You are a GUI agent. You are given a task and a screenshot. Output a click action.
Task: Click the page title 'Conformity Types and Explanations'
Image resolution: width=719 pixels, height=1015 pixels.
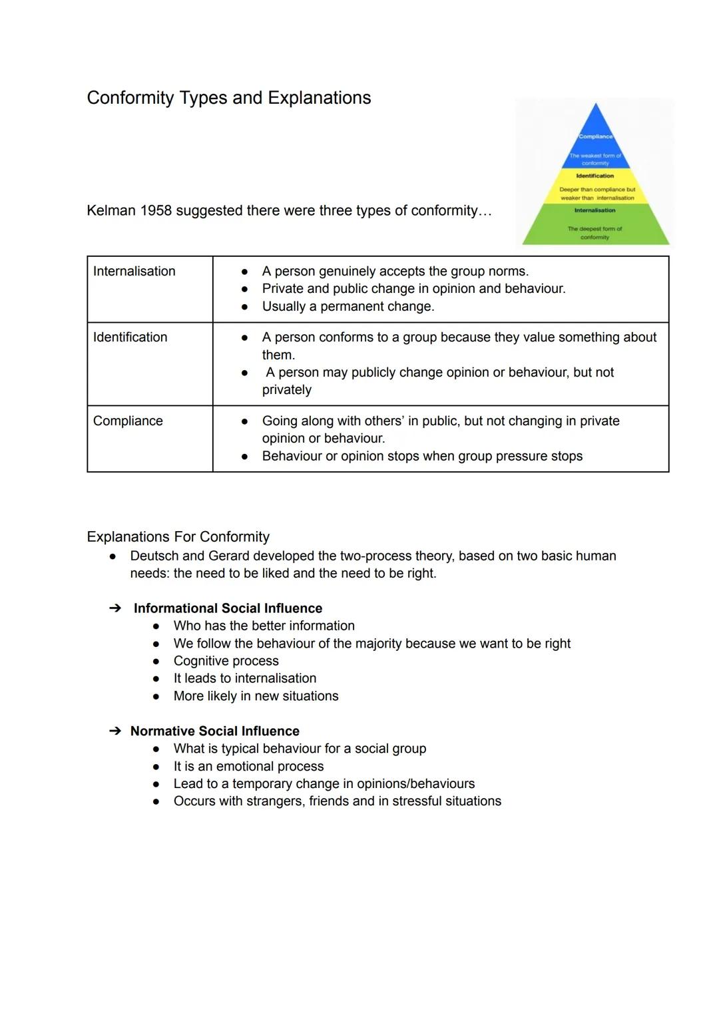228,98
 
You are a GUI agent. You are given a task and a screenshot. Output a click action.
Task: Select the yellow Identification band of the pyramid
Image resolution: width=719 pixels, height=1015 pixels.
595,185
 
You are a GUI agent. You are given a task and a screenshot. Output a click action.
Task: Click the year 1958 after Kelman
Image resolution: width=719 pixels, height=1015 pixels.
156,211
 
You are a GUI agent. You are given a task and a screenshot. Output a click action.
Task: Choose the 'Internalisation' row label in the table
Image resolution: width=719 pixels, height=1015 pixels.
134,272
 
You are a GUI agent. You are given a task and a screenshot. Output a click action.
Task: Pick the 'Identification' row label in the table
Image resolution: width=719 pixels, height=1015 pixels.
130,337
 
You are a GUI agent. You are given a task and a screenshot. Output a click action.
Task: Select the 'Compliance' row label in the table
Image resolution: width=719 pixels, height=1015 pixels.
128,421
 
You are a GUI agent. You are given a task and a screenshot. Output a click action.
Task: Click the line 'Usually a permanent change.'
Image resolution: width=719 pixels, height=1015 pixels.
348,307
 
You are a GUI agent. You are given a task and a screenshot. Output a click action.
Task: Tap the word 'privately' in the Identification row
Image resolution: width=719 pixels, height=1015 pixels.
286,390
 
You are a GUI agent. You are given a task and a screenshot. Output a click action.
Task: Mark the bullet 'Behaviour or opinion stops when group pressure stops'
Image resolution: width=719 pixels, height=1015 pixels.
422,457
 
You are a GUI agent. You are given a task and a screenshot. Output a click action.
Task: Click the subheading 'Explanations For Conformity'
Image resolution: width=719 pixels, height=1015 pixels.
178,537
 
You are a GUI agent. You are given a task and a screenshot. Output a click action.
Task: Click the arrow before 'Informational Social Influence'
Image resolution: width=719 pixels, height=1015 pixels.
115,608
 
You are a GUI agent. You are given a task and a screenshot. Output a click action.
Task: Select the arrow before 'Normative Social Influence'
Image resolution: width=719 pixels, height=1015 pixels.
115,731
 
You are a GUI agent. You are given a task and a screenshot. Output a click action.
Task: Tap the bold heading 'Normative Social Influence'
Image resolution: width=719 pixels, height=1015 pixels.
214,731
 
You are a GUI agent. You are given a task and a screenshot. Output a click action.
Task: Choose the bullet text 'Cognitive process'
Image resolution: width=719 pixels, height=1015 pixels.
226,661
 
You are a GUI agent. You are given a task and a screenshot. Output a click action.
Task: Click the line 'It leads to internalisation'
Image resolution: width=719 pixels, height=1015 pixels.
244,678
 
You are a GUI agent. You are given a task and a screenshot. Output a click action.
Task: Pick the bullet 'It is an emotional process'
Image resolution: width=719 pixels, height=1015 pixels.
248,767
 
